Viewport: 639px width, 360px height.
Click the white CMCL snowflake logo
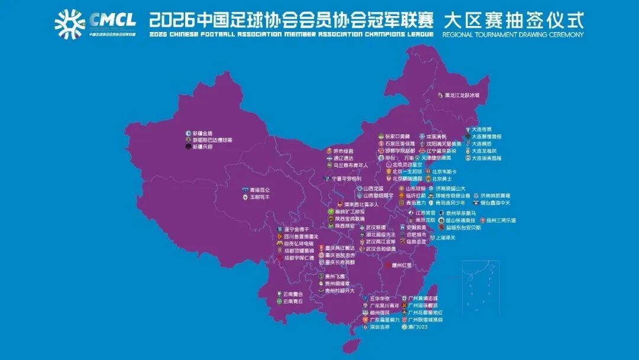70,23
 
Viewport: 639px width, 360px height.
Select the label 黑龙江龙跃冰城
462,95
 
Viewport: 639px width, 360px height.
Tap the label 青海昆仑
260,190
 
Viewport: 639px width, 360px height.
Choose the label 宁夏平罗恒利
346,178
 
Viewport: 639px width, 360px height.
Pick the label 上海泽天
446,237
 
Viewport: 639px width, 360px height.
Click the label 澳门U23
418,327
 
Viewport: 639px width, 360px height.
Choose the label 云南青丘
293,301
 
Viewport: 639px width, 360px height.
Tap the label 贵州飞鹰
335,277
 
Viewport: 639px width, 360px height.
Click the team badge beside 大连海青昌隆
467,158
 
